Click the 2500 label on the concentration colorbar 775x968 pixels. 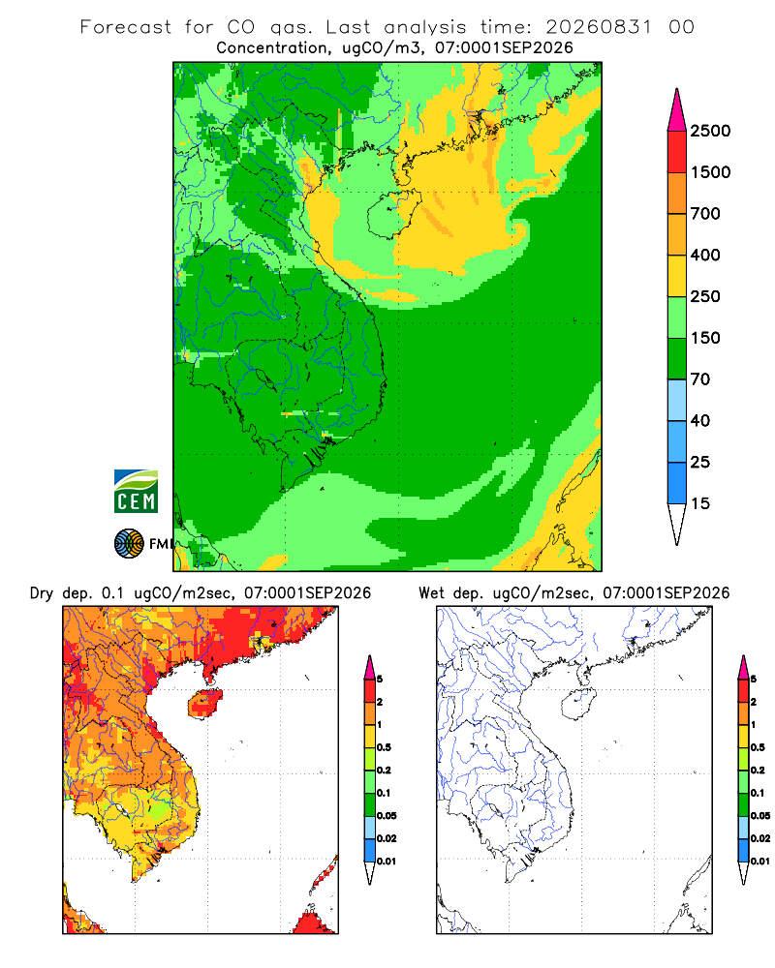tap(710, 131)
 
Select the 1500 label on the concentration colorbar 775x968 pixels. tap(710, 172)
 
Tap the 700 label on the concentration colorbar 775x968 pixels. tap(705, 214)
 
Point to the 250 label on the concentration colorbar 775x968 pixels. tap(705, 296)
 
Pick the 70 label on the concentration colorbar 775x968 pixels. tap(700, 379)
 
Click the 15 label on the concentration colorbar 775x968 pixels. tap(700, 503)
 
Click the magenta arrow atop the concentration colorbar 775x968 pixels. tap(677, 110)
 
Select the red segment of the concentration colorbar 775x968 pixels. tap(677, 152)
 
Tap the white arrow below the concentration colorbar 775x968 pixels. tap(677, 525)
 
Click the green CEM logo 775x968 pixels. tap(136, 492)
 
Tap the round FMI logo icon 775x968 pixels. tap(129, 544)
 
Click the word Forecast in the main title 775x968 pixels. tap(126, 27)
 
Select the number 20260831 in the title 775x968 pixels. tap(599, 27)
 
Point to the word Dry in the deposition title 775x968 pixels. tap(42, 594)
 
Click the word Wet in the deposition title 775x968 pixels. tap(431, 593)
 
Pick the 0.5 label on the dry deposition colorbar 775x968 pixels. tap(384, 747)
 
